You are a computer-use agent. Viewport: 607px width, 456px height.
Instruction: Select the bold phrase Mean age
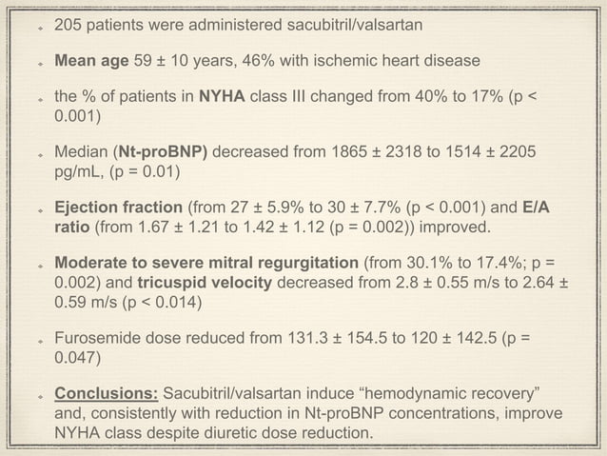(x=91, y=62)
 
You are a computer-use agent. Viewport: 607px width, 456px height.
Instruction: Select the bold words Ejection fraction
(x=119, y=207)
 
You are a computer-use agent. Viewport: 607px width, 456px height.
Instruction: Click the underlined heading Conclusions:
(x=107, y=393)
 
